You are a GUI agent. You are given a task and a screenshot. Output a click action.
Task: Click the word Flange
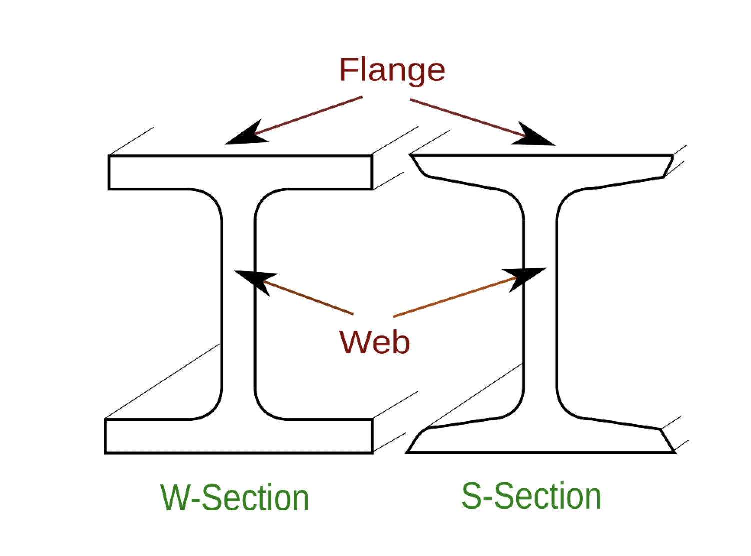pos(392,70)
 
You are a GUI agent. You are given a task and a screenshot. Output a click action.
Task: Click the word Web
pos(374,342)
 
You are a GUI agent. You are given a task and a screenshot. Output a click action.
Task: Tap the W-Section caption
pos(235,498)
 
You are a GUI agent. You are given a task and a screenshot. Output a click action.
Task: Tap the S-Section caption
pos(531,496)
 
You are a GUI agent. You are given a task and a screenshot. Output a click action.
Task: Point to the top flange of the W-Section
pos(240,172)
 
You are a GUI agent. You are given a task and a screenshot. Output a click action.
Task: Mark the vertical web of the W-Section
pos(238,305)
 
